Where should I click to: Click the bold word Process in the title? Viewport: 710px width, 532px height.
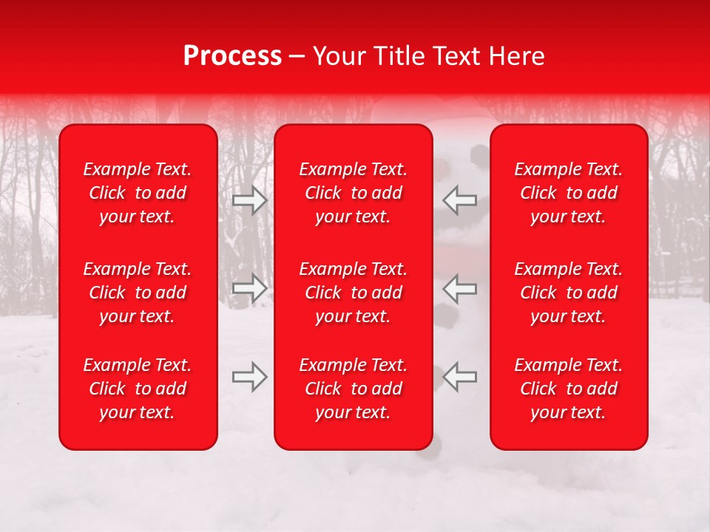(232, 56)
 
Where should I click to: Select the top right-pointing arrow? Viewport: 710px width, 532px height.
(250, 200)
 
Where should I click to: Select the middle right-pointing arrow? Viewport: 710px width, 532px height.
(250, 288)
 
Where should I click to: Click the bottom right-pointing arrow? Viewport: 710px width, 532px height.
(250, 377)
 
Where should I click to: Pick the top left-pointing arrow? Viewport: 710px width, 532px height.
(459, 200)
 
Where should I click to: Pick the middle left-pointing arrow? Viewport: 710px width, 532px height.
(459, 288)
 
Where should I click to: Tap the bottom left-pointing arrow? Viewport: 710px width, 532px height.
(459, 377)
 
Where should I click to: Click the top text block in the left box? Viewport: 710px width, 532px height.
(138, 193)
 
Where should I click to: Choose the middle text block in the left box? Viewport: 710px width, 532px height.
(138, 293)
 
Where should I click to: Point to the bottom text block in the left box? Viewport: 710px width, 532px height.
(138, 389)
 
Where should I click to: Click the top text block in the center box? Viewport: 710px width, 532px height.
(354, 193)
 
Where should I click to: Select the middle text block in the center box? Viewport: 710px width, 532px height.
(354, 293)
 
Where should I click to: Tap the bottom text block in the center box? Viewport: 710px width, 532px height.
(354, 389)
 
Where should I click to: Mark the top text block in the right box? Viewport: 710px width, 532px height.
(569, 193)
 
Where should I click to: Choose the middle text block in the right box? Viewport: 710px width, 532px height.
(569, 293)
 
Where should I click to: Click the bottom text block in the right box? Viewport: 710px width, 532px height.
(569, 389)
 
